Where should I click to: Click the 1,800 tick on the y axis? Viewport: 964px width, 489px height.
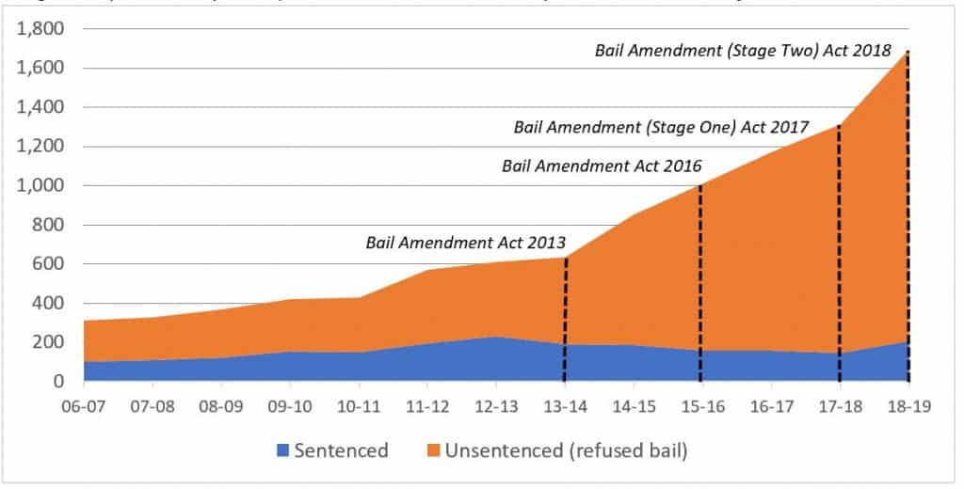[x=39, y=29]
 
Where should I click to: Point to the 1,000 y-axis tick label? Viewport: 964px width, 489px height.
[x=39, y=186]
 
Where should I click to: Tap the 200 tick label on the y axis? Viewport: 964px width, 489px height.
[x=47, y=342]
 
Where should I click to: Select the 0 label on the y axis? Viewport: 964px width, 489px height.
[x=58, y=382]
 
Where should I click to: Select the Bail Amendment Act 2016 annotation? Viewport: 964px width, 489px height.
[x=602, y=166]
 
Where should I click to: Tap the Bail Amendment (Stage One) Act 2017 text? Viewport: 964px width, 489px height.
[x=661, y=127]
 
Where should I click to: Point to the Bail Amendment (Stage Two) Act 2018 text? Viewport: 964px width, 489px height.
[x=743, y=51]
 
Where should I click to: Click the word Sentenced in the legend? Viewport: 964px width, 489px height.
[x=341, y=450]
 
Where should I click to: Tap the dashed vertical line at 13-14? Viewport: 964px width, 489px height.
[x=565, y=320]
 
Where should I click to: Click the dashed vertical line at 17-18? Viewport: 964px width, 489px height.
[x=839, y=254]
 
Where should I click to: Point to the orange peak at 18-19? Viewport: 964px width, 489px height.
[x=908, y=53]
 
